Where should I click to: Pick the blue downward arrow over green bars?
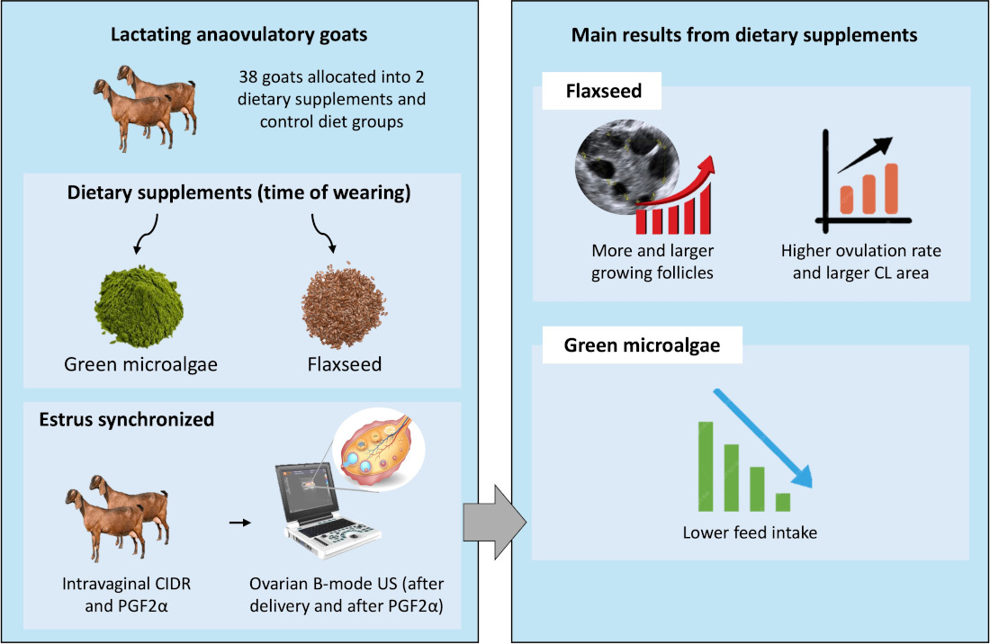pos(763,436)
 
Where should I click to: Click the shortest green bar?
pos(782,501)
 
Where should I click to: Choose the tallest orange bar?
pos(890,183)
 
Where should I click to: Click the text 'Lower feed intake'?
pos(749,532)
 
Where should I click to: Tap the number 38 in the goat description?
pos(249,77)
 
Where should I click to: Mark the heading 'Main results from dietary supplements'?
pos(744,36)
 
